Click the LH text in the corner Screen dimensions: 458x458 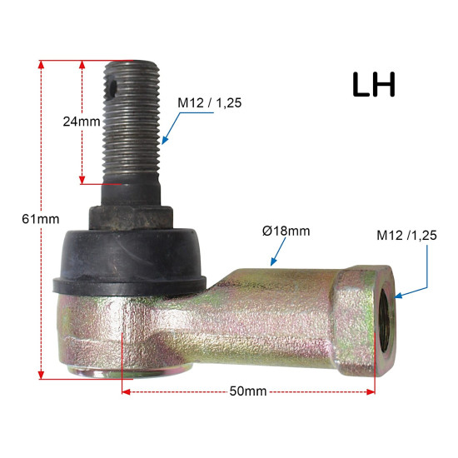tap(374, 84)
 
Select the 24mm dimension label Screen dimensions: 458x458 tap(82, 122)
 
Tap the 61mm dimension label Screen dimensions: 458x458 tap(41, 219)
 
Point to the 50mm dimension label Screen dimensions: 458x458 tap(248, 391)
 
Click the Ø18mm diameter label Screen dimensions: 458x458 tap(286, 231)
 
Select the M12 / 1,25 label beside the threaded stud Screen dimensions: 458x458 tap(210, 103)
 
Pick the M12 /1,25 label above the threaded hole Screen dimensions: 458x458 tap(406, 236)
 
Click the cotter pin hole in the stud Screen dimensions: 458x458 tap(112, 88)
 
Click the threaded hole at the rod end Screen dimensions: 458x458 tap(386, 320)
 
